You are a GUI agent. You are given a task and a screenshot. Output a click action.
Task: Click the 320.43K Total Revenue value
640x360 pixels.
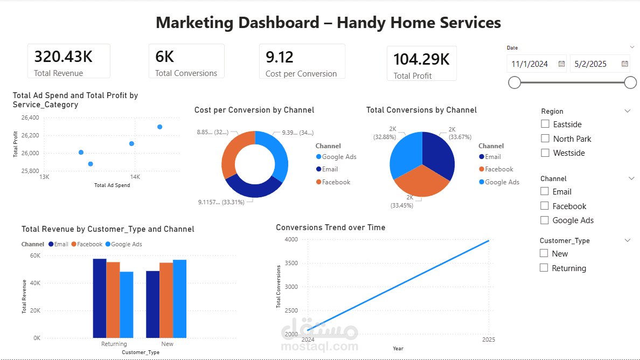tap(64, 57)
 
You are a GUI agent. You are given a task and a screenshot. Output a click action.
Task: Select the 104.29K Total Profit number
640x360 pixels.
tap(421, 59)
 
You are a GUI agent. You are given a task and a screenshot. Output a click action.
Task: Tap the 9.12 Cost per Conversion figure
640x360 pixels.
tap(280, 57)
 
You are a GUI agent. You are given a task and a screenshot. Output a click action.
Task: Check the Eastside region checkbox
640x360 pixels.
tap(545, 124)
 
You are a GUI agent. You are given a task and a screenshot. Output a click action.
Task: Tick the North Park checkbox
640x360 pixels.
tap(545, 139)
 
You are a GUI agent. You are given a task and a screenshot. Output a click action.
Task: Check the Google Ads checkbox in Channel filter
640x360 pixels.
tap(545, 220)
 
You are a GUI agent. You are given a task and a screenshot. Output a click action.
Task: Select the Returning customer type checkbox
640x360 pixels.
tap(544, 268)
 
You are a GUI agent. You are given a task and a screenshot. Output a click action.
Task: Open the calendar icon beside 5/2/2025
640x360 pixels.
tap(625, 64)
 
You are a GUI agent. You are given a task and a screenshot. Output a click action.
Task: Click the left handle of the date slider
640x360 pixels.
tap(514, 82)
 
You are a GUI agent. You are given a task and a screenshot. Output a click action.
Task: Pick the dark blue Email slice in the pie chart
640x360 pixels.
tap(437, 154)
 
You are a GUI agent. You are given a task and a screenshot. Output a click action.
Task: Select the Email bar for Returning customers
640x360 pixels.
tap(100, 297)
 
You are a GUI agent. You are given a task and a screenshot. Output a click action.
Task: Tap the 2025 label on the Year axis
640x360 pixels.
tap(489, 340)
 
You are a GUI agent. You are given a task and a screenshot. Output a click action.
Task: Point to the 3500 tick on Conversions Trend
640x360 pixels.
tap(291, 263)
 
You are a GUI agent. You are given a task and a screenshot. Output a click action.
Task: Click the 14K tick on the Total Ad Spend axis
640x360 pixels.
tap(135, 177)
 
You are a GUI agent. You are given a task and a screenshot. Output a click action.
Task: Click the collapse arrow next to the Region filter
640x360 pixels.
tap(627, 111)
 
